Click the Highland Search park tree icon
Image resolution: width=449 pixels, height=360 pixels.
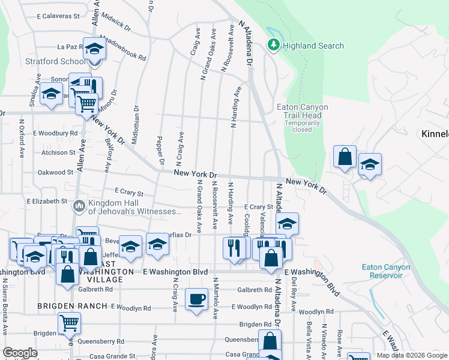(x=274, y=45)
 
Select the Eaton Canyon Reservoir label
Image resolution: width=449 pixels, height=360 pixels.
(x=386, y=271)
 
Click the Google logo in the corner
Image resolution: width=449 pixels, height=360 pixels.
(x=20, y=353)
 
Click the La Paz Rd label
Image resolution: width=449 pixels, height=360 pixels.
(x=70, y=46)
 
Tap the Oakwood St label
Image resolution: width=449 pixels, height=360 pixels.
(x=55, y=172)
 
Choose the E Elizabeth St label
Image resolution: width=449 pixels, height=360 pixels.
(x=47, y=201)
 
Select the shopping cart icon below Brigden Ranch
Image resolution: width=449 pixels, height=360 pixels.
(x=69, y=323)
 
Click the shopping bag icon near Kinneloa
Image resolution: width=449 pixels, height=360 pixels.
(x=345, y=157)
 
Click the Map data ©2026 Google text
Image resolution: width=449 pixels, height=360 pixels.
(x=412, y=355)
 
